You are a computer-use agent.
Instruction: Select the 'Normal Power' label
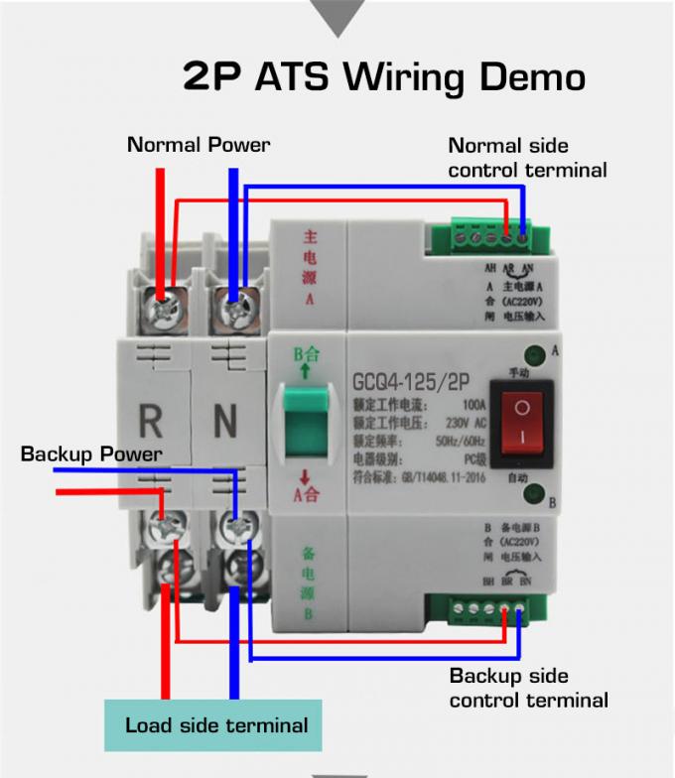199,145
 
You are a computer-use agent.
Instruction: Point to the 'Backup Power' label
91,454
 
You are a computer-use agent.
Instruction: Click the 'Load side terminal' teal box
216,725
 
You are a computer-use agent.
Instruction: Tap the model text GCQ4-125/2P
411,383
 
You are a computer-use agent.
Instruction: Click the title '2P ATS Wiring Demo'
383,77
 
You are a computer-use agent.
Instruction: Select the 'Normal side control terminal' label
527,158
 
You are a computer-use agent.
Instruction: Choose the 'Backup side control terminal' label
528,689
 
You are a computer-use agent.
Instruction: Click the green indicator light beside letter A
533,351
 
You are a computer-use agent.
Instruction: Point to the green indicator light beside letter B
533,493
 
